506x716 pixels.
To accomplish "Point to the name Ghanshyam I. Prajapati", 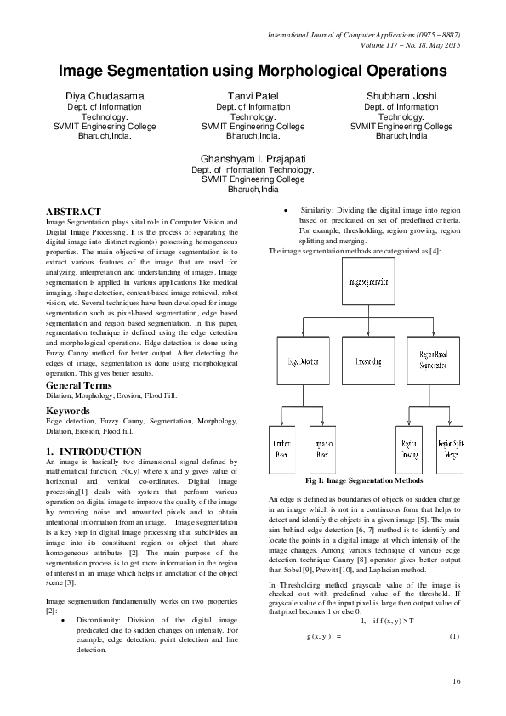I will pos(253,159).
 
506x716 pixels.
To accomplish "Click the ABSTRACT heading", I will pos(73,212).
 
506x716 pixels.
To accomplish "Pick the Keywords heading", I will pos(68,411).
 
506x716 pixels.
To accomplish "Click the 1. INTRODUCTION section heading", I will pos(94,451).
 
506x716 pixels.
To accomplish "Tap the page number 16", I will pos(456,680).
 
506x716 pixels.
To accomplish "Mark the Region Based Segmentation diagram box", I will pos(429,363).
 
